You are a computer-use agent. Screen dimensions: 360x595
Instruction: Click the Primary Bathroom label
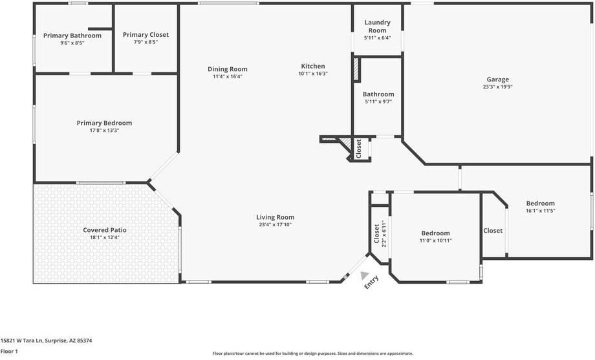click(x=72, y=36)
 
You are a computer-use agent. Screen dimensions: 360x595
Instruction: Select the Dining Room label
click(x=227, y=69)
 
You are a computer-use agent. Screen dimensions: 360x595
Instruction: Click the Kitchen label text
click(x=312, y=66)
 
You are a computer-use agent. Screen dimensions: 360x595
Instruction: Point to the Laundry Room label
click(x=377, y=26)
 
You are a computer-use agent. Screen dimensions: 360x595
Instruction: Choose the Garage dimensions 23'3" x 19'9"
click(x=497, y=87)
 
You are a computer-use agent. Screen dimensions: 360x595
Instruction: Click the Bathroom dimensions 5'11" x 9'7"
click(x=378, y=101)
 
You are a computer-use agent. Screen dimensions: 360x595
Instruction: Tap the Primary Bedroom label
click(x=104, y=123)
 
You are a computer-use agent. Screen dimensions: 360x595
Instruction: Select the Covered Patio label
click(x=105, y=229)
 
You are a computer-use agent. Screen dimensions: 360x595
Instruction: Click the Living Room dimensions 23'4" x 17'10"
click(x=276, y=225)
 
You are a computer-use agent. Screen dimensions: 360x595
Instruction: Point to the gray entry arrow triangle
click(x=365, y=275)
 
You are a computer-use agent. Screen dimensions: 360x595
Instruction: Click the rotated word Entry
click(x=372, y=282)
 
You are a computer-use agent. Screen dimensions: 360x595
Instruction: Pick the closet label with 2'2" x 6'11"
click(x=377, y=234)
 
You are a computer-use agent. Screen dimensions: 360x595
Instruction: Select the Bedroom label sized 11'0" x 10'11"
click(x=435, y=233)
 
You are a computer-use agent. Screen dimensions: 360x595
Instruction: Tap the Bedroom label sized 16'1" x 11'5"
click(x=540, y=203)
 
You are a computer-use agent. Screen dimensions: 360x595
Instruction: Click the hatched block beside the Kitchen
click(x=355, y=70)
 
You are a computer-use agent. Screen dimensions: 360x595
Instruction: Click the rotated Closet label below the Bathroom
click(x=359, y=149)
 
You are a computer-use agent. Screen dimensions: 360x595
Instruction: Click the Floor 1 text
click(x=9, y=351)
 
